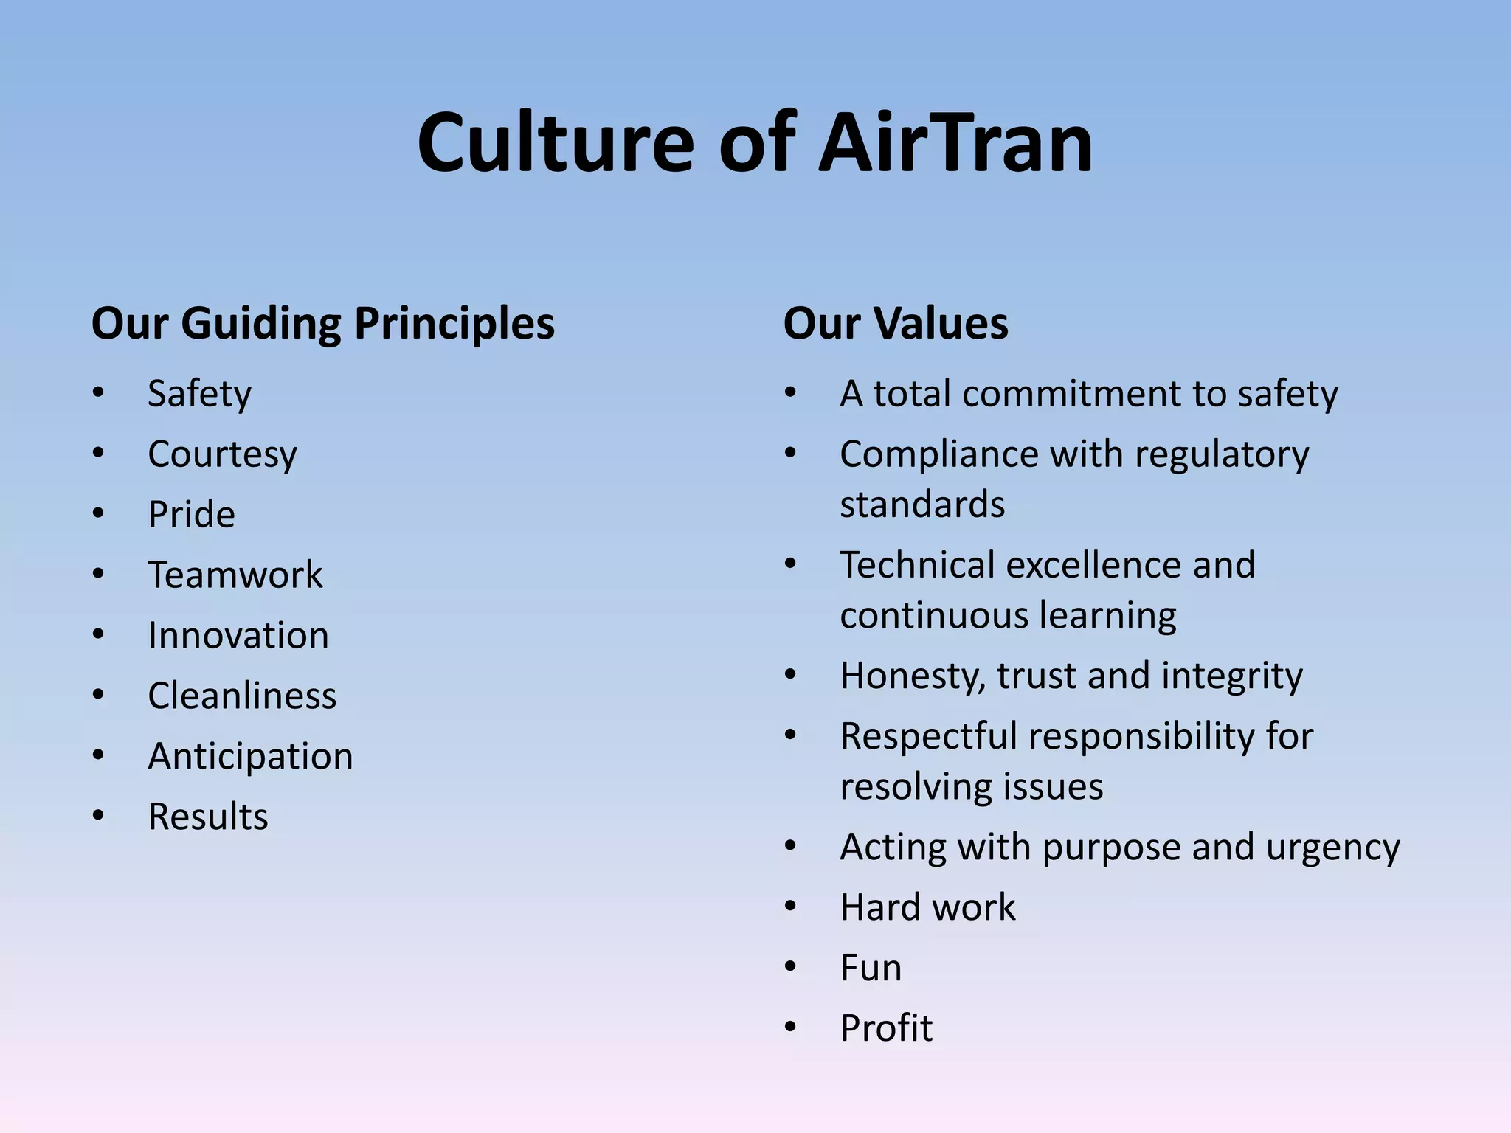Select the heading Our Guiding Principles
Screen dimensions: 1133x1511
322,324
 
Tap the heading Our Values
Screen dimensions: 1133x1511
895,324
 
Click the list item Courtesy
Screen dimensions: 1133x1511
222,454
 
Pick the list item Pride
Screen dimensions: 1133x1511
191,515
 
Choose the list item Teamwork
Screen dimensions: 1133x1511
235,575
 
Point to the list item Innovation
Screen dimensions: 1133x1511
238,636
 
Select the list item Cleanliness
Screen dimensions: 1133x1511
242,696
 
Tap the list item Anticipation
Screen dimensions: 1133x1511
250,757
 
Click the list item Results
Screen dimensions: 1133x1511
208,817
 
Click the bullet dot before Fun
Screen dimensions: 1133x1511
791,966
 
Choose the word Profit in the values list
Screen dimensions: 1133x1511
886,1028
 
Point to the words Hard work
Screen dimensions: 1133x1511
927,907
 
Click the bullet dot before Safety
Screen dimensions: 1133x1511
98,392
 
